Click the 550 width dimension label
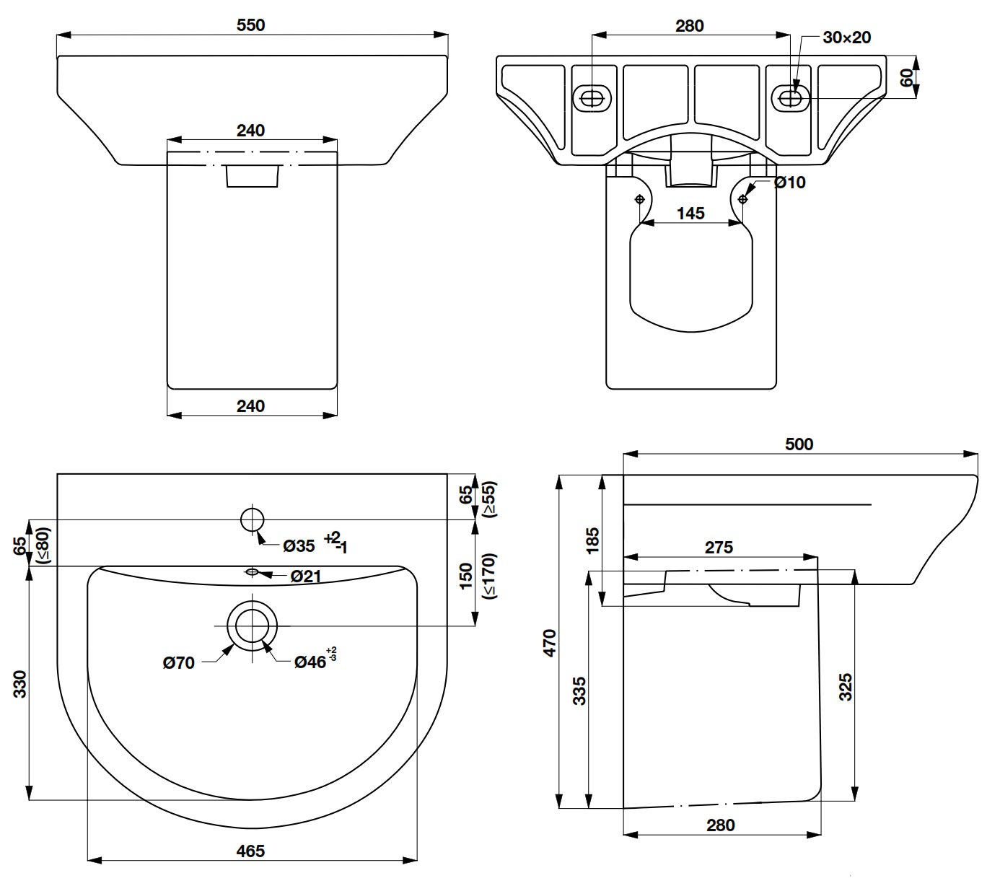click(x=250, y=25)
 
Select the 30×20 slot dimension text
click(x=847, y=38)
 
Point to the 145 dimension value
click(x=690, y=213)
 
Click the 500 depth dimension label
click(x=799, y=444)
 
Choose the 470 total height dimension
click(x=550, y=642)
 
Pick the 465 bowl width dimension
click(x=250, y=851)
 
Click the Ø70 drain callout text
click(x=178, y=662)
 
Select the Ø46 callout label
click(x=310, y=662)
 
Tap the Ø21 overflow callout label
click(x=306, y=576)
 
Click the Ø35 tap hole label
click(x=299, y=545)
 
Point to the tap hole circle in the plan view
click(x=253, y=519)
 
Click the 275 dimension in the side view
click(x=719, y=547)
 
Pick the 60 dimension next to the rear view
click(x=906, y=76)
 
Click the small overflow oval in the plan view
click(x=252, y=572)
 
